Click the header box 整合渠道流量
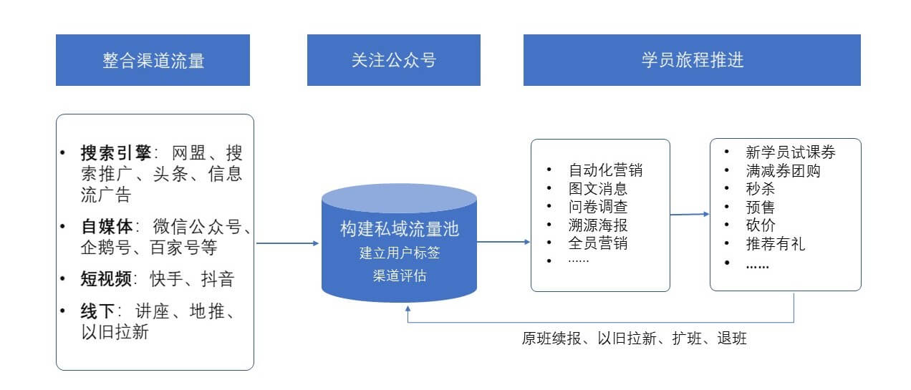point(153,60)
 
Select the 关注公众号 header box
point(393,60)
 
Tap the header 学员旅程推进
point(692,60)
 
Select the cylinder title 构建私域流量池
point(399,230)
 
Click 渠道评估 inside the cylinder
point(399,275)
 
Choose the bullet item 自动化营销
point(605,170)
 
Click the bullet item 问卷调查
point(597,208)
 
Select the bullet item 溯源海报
point(597,225)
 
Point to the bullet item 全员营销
point(597,243)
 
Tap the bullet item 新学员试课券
point(790,152)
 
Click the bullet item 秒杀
point(760,189)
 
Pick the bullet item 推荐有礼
point(775,244)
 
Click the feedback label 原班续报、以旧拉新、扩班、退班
point(634,338)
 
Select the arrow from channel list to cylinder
point(287,243)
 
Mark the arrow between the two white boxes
point(690,214)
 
